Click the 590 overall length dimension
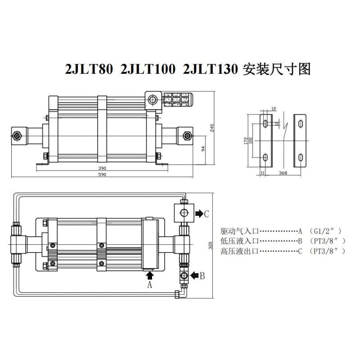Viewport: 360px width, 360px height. pyautogui.click(x=102, y=175)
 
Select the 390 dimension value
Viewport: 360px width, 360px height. pyautogui.click(x=102, y=168)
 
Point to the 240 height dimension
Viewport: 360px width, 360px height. pyautogui.click(x=211, y=128)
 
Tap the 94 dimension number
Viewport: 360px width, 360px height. pyautogui.click(x=203, y=149)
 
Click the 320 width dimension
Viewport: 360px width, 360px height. pyautogui.click(x=210, y=245)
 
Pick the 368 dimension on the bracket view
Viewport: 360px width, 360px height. pyautogui.click(x=283, y=173)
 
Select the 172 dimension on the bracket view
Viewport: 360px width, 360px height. pyautogui.click(x=246, y=140)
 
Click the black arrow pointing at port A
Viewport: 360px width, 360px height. pyautogui.click(x=150, y=275)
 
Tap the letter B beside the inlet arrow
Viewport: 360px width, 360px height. pyautogui.click(x=202, y=276)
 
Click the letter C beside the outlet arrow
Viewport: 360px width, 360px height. pyautogui.click(x=207, y=214)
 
